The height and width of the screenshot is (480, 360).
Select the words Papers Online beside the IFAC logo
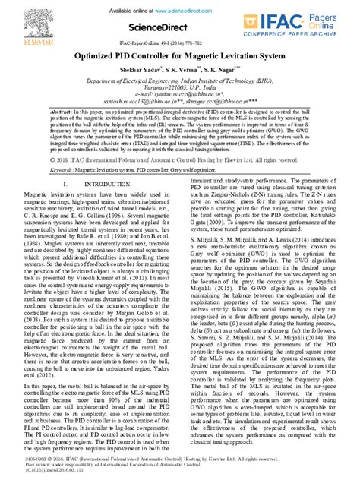click(328, 21)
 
